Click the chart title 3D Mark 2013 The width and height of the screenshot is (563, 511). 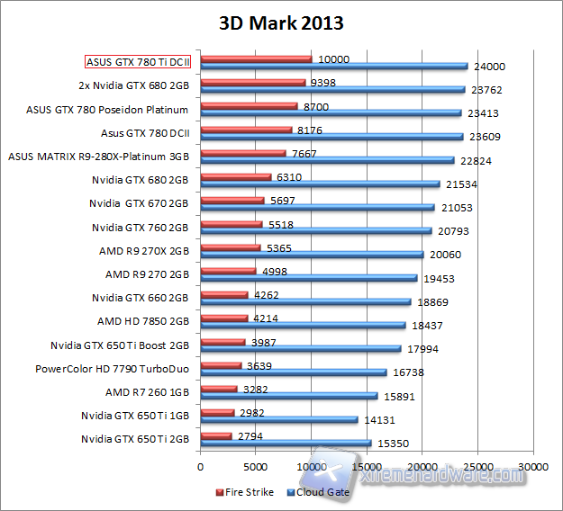pos(280,22)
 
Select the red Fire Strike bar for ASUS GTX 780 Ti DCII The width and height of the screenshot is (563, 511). pos(256,59)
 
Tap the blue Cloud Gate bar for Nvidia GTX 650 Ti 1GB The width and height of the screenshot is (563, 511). pos(279,420)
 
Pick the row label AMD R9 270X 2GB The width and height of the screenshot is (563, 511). pos(143,251)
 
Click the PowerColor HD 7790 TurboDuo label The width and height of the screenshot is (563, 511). pos(112,368)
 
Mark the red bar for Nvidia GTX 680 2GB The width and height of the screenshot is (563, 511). pos(236,176)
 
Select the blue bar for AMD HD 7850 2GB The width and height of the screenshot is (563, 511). pos(303,326)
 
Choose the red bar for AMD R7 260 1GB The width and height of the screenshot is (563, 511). pos(219,389)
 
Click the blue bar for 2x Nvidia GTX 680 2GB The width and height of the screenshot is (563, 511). pos(332,90)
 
